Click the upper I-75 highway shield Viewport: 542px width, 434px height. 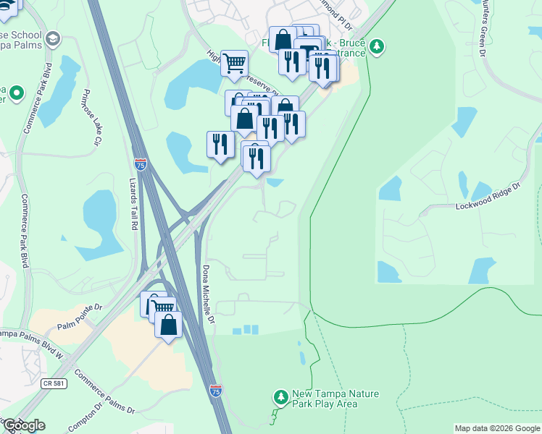click(x=141, y=165)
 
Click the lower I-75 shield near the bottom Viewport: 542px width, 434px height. click(x=216, y=391)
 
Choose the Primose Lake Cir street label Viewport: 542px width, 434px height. click(x=91, y=118)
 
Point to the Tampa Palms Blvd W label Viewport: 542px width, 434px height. click(x=31, y=335)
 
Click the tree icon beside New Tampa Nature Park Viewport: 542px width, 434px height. click(x=280, y=397)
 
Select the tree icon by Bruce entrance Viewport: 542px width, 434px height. click(x=376, y=48)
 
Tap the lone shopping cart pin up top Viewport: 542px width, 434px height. click(x=234, y=64)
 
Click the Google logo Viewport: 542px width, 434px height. click(x=23, y=425)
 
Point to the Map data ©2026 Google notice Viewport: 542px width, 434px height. click(x=497, y=428)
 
